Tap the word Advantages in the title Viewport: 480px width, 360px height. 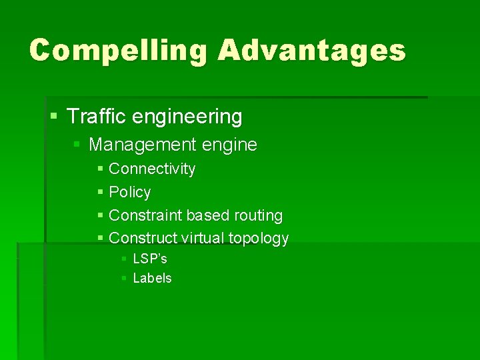point(311,51)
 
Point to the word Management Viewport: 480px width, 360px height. point(140,145)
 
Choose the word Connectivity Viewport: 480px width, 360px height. point(152,169)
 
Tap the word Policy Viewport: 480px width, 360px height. point(130,193)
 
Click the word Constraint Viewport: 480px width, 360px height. point(145,216)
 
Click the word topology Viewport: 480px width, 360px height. point(259,239)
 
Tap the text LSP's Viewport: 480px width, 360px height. point(150,259)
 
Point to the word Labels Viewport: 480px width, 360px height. point(153,279)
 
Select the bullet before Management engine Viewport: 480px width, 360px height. point(77,145)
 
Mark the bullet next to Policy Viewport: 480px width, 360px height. point(100,193)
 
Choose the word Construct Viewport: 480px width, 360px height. point(143,238)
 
